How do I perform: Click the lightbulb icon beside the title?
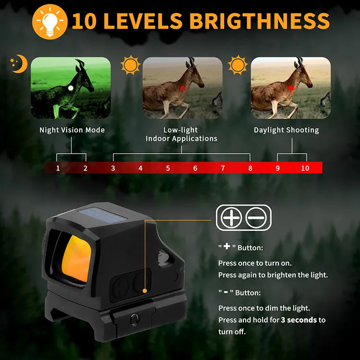click(50, 22)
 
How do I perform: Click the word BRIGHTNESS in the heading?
click(260, 21)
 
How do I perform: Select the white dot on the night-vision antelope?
click(71, 88)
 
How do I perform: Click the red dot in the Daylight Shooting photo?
click(291, 88)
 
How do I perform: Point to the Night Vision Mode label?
click(72, 130)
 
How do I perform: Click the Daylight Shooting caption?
click(286, 130)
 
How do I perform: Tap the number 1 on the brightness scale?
click(58, 168)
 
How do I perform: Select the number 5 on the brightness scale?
click(168, 168)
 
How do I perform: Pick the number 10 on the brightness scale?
click(305, 168)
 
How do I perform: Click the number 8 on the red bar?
click(250, 168)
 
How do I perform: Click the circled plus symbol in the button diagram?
click(231, 217)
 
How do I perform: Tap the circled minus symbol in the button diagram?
click(256, 217)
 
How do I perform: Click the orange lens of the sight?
click(77, 258)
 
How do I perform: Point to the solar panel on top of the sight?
click(103, 216)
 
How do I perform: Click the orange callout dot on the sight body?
click(144, 291)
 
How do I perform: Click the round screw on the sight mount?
click(134, 319)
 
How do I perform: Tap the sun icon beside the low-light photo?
click(131, 65)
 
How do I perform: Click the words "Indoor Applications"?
click(181, 139)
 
